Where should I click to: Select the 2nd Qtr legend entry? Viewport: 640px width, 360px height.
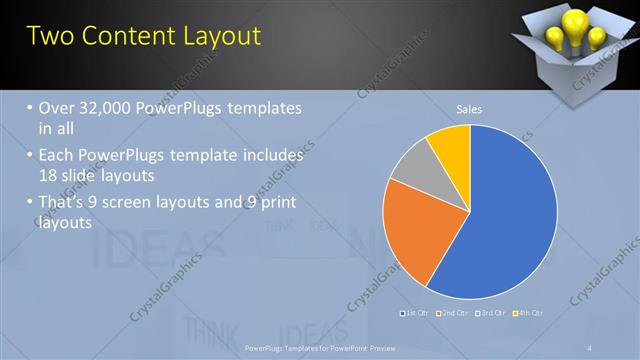(x=455, y=314)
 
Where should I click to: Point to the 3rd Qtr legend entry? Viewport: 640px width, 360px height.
(x=492, y=314)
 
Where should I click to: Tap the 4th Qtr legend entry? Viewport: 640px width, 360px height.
(x=529, y=314)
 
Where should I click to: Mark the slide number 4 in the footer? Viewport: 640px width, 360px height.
(x=589, y=347)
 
